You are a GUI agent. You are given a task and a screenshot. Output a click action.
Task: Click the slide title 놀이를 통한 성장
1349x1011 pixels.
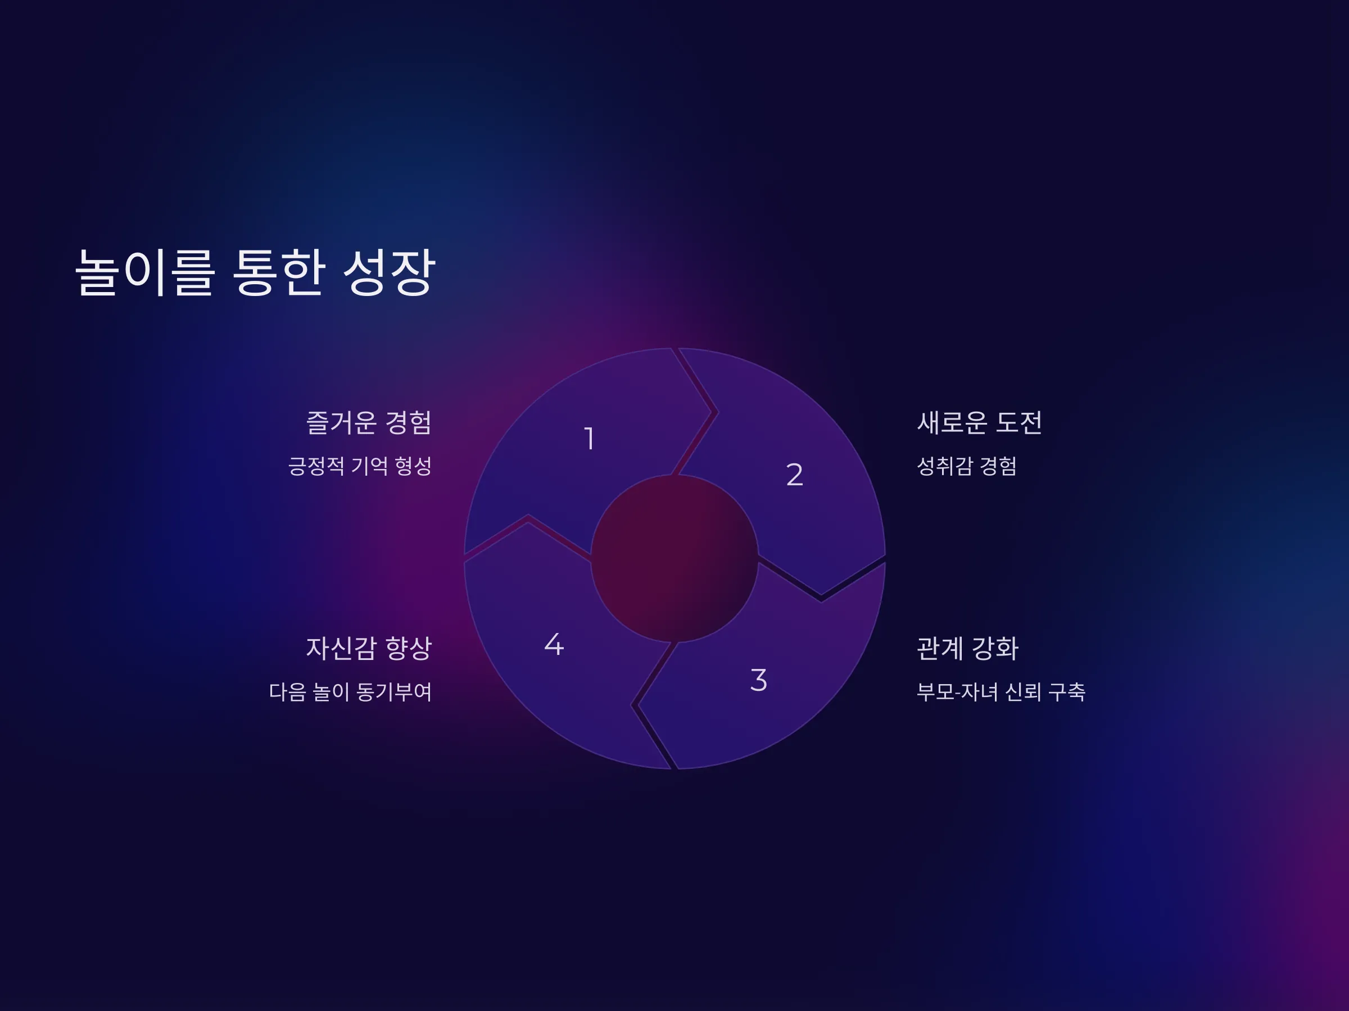pyautogui.click(x=255, y=272)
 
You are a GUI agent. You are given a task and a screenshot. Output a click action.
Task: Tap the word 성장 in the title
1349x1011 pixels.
pyautogui.click(x=389, y=272)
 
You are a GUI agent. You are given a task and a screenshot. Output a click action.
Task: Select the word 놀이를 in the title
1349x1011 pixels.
pyautogui.click(x=144, y=272)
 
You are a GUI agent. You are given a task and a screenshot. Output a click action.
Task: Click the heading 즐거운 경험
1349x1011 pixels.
pyautogui.click(x=369, y=422)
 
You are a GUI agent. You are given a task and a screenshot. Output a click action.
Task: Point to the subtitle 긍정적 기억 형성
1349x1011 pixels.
pyautogui.click(x=360, y=466)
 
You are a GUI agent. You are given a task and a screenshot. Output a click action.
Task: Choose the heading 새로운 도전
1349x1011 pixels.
pyautogui.click(x=979, y=422)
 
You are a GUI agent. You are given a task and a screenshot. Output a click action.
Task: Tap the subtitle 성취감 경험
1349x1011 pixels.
pyautogui.click(x=967, y=466)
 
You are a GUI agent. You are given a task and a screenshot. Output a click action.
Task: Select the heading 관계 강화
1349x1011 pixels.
pyautogui.click(x=967, y=648)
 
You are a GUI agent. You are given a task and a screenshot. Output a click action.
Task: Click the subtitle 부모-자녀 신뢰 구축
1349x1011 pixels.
pyautogui.click(x=1001, y=691)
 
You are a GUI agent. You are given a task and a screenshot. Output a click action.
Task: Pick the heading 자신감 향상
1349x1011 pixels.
pyautogui.click(x=369, y=648)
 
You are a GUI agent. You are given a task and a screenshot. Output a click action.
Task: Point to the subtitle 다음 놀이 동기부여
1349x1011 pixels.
pyautogui.click(x=351, y=691)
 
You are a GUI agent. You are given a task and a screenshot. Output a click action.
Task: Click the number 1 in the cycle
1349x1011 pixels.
pyautogui.click(x=589, y=438)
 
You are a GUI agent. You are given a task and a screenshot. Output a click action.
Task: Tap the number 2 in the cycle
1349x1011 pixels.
pyautogui.click(x=794, y=474)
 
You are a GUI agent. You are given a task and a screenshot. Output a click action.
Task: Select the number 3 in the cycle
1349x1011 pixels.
pyautogui.click(x=758, y=680)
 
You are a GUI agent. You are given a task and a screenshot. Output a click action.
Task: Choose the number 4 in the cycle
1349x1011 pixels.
pyautogui.click(x=554, y=644)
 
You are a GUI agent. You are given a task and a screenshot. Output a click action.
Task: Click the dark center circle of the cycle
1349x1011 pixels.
pyautogui.click(x=674, y=558)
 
